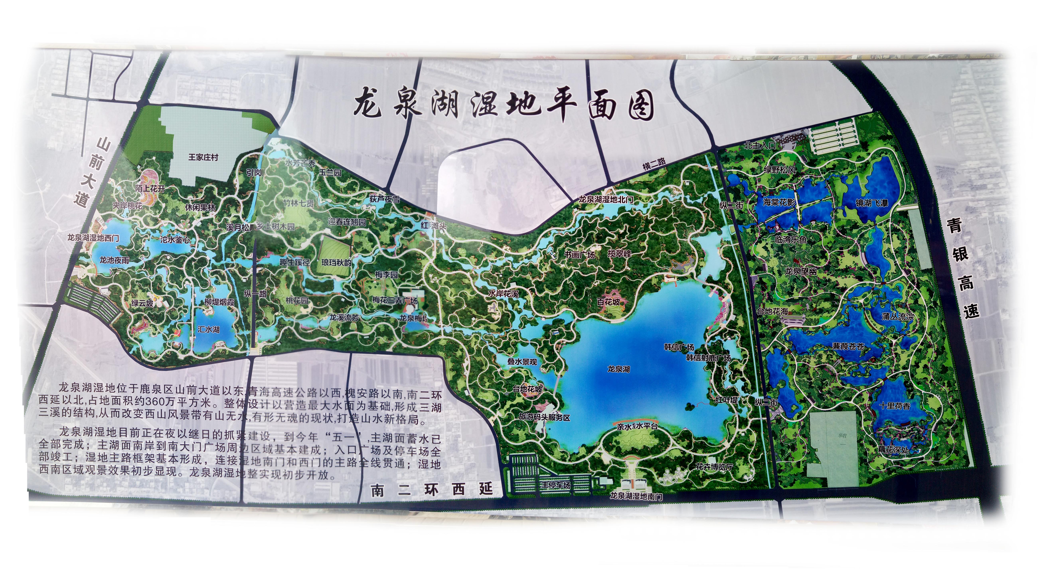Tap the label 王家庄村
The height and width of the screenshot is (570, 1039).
tap(203, 157)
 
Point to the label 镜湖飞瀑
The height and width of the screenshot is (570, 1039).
tap(872, 203)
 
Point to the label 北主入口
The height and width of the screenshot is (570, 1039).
tap(760, 145)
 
